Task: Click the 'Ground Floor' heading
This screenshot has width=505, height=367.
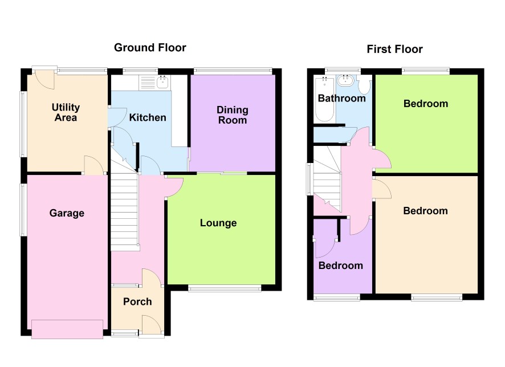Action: pyautogui.click(x=150, y=48)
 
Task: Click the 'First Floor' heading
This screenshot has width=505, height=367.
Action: pyautogui.click(x=394, y=49)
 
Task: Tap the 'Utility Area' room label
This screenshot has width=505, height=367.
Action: pyautogui.click(x=66, y=112)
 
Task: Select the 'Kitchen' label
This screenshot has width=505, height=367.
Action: pyautogui.click(x=148, y=117)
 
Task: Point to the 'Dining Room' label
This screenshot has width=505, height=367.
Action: pyautogui.click(x=232, y=115)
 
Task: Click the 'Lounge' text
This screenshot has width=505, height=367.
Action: pyautogui.click(x=218, y=223)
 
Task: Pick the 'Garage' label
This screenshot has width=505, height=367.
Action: pyautogui.click(x=67, y=213)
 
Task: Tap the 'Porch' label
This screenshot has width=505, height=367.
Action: pyautogui.click(x=137, y=301)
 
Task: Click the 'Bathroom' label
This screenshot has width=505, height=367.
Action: pyautogui.click(x=342, y=98)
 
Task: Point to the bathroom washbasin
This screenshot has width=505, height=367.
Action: pyautogui.click(x=345, y=80)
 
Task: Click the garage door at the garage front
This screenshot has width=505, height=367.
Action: pyautogui.click(x=67, y=329)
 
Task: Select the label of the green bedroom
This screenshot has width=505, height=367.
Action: pyautogui.click(x=426, y=104)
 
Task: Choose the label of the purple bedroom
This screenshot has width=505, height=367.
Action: pyautogui.click(x=341, y=266)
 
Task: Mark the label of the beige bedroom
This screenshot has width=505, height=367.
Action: pyautogui.click(x=425, y=211)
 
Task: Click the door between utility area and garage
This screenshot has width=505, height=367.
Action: pyautogui.click(x=93, y=165)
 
